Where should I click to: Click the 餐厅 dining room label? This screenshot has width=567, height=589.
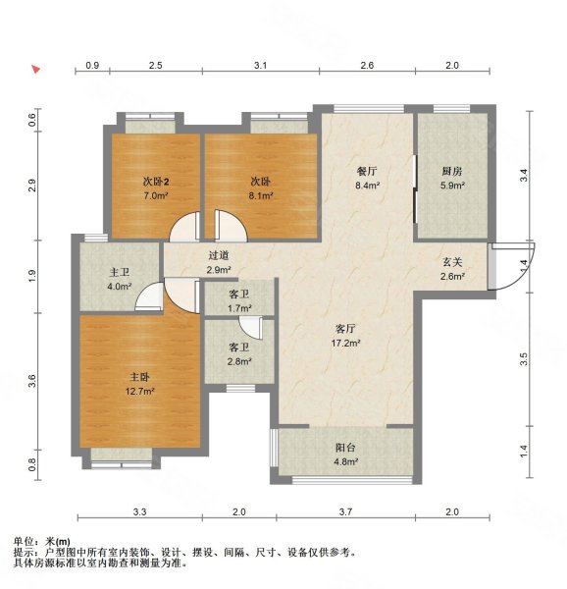coord(367,171)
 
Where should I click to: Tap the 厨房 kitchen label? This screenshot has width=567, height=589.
coord(452,171)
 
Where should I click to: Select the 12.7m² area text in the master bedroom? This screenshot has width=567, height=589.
coord(140,392)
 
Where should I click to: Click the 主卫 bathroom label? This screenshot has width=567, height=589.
coord(120,272)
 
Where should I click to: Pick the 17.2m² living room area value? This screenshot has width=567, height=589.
coord(345,343)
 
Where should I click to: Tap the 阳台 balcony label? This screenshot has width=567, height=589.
coord(345,448)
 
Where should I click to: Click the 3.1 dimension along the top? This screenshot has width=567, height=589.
coord(260,66)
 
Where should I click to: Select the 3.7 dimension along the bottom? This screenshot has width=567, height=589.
coord(345,512)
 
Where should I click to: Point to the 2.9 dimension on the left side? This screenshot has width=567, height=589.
coord(32,186)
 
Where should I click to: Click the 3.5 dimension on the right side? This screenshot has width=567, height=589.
coord(524,358)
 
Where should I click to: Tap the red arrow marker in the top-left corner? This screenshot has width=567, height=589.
coord(35,70)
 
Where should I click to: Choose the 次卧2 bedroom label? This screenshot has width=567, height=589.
coord(156,182)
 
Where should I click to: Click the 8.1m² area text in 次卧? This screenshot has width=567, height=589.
coord(260,195)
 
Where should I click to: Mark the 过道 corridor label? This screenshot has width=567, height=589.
coord(219,256)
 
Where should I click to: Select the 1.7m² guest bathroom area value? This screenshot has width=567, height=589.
coord(239,308)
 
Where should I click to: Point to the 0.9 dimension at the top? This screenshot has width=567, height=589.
coord(92,66)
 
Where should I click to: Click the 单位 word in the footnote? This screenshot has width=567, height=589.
coord(25,541)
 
